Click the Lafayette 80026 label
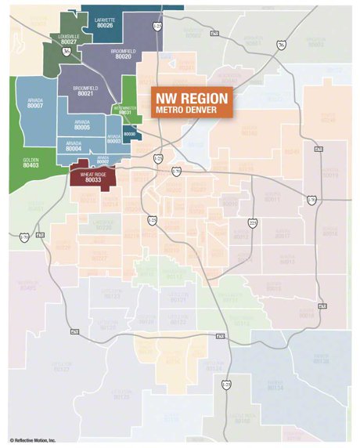click(103, 23)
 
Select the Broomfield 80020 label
click(123, 53)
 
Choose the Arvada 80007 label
click(34, 103)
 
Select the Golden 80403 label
click(31, 162)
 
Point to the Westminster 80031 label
click(125, 110)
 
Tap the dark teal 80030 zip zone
click(130, 135)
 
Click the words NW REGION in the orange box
click(193, 99)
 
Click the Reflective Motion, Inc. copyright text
click(33, 440)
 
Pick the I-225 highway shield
click(251, 223)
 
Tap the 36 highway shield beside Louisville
click(67, 52)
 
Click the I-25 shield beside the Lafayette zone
click(157, 27)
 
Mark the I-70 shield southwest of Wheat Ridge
click(23, 237)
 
